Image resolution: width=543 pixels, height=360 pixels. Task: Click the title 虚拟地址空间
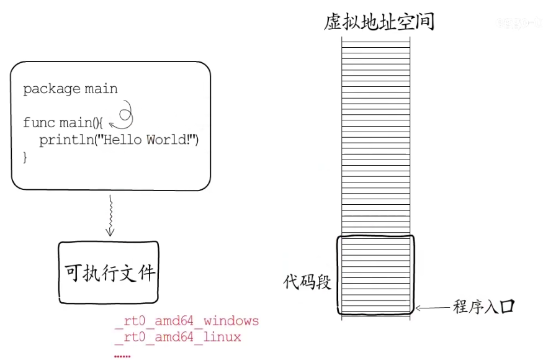[379, 22]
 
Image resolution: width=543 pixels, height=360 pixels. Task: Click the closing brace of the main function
[25, 158]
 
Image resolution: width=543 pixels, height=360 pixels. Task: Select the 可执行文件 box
[109, 273]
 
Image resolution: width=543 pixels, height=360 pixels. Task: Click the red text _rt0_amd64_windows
[187, 322]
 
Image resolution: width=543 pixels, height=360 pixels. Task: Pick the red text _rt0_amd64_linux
[178, 338]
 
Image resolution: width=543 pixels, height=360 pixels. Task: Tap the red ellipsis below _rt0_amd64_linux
[123, 354]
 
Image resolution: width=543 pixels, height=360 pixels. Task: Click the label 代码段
[307, 282]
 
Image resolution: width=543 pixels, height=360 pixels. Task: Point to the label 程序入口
[484, 307]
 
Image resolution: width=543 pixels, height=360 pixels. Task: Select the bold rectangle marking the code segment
[375, 274]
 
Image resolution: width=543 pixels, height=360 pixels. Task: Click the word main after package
[101, 89]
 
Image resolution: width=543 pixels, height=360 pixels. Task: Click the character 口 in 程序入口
[508, 307]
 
